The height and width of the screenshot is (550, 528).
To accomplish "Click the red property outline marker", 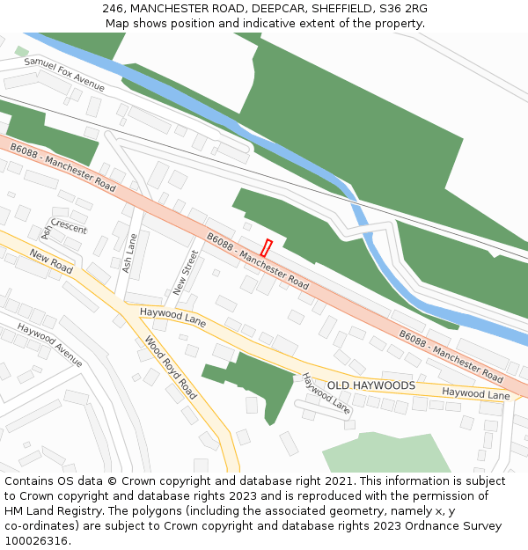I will [x=267, y=248].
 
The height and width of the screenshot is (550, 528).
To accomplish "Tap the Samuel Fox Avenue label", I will [x=64, y=75].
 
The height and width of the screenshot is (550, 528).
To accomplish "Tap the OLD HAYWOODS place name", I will [x=370, y=385].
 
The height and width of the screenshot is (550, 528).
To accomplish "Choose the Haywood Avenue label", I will [x=49, y=346].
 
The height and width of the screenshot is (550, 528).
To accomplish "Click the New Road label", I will [x=51, y=260].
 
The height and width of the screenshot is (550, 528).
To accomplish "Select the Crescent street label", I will [x=69, y=225].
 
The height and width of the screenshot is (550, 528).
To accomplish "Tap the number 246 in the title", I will [x=112, y=8].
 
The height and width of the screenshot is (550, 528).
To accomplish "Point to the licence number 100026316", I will [x=36, y=540].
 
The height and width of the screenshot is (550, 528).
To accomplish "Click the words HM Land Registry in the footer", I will [x=54, y=510].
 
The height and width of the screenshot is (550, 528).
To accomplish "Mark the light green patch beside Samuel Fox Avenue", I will [x=21, y=51].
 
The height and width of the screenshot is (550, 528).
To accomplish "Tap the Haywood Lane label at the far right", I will [x=476, y=394].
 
